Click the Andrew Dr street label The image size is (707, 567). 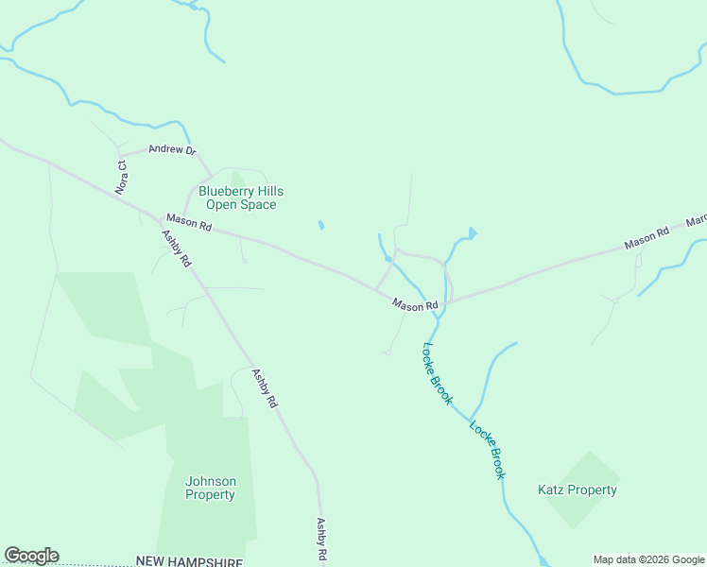tap(171, 149)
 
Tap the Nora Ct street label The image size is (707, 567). tap(121, 177)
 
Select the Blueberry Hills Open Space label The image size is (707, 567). tap(240, 198)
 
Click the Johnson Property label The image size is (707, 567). tap(210, 488)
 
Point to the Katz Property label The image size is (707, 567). tap(577, 490)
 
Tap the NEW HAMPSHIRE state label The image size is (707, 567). tap(189, 560)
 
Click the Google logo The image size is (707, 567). tap(31, 556)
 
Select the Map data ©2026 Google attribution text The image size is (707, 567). tap(648, 559)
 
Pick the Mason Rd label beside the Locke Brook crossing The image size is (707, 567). tap(415, 305)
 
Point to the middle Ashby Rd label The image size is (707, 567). tap(264, 387)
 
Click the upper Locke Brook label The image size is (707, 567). tap(437, 374)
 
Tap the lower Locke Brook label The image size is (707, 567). tap(487, 449)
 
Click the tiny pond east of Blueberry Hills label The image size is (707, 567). tap(320, 225)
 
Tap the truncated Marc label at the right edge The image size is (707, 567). tap(697, 221)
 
